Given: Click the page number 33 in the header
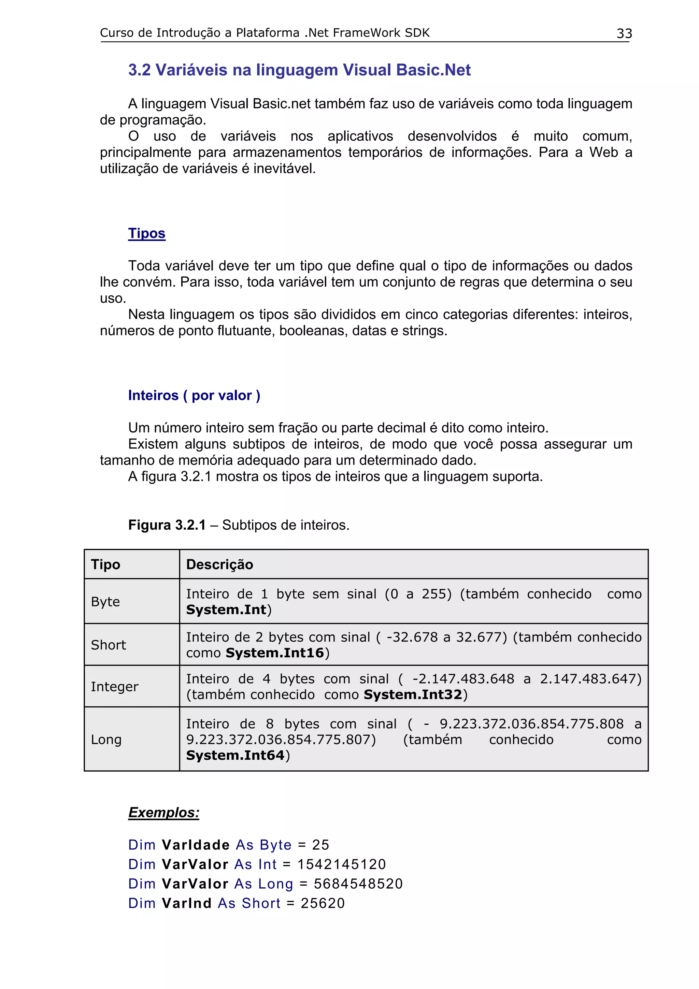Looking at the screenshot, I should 624,33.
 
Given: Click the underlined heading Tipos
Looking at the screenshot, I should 146,233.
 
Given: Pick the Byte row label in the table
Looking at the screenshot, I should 105,601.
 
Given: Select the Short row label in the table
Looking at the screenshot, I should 109,645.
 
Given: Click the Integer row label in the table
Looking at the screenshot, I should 115,687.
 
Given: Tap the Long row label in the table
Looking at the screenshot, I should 106,740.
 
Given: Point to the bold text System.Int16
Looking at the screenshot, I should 275,653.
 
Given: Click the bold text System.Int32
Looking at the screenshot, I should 413,694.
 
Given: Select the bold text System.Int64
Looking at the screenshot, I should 235,755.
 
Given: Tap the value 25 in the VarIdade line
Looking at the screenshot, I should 320,845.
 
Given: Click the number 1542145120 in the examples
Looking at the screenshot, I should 342,864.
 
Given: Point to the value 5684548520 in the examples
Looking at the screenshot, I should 358,884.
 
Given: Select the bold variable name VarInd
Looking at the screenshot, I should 186,903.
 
